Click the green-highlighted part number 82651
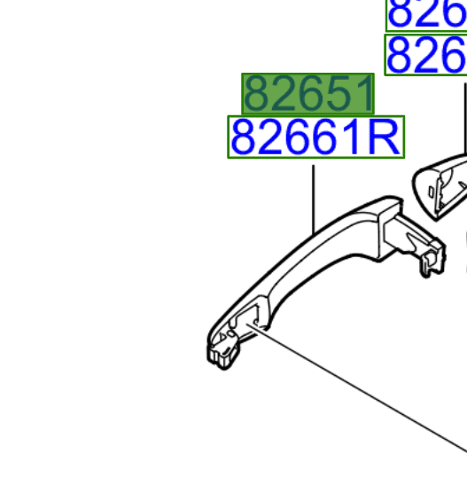307,94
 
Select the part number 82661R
315,137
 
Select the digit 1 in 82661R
354,137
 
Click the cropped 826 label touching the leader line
426,56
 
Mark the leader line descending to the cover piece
464,115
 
